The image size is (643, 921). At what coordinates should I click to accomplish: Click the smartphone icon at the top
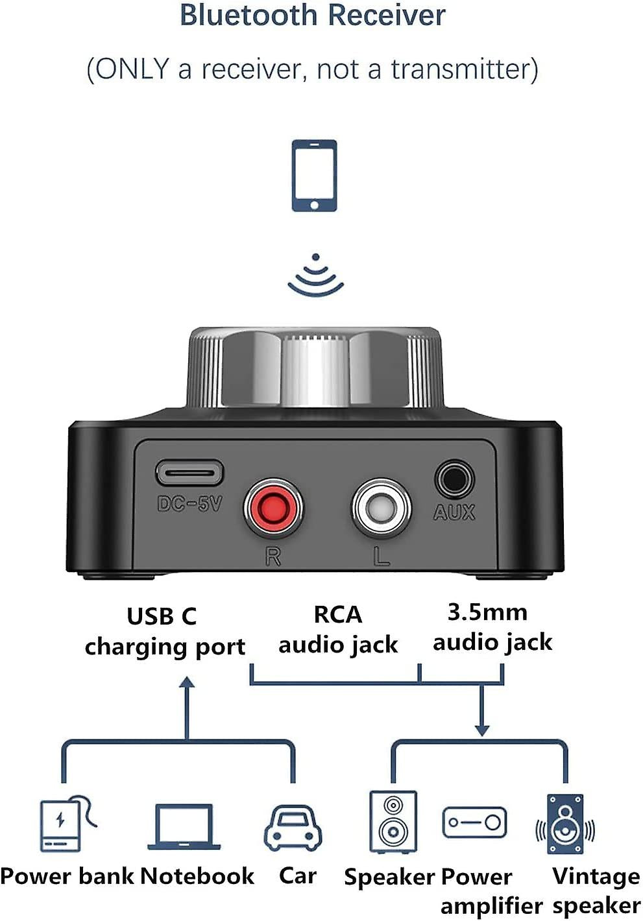[314, 175]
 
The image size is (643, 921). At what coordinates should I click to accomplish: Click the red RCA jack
[273, 508]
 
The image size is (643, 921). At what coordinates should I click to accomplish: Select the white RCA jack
[381, 508]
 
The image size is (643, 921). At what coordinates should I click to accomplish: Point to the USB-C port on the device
[189, 473]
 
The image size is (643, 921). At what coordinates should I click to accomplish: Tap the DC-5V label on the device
[189, 503]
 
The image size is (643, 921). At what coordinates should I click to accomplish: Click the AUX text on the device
[454, 512]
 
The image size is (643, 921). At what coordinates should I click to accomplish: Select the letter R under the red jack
[273, 556]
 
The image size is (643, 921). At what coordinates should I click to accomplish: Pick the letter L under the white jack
[382, 556]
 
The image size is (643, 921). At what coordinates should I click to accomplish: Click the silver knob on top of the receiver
[315, 368]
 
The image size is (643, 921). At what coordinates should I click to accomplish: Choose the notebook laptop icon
[184, 827]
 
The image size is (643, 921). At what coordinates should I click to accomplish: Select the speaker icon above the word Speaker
[393, 822]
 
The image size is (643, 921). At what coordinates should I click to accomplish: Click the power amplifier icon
[474, 822]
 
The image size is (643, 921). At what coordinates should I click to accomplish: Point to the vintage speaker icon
[564, 824]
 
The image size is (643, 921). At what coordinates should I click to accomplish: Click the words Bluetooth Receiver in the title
[313, 16]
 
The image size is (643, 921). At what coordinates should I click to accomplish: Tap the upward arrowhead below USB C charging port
[187, 682]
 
